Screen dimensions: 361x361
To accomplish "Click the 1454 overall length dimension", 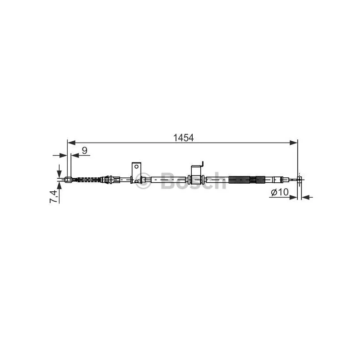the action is pyautogui.click(x=183, y=138).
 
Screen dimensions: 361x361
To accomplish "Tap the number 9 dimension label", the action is pyautogui.click(x=85, y=151).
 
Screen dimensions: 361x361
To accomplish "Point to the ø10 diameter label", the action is pyautogui.click(x=279, y=192).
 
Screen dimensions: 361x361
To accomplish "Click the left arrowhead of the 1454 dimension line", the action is pyautogui.click(x=71, y=143).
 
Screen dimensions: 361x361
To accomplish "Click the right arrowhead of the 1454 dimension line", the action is pyautogui.click(x=294, y=143).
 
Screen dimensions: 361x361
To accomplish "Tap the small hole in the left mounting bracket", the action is pyautogui.click(x=137, y=166).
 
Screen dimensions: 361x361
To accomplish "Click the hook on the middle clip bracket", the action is pyautogui.click(x=203, y=164).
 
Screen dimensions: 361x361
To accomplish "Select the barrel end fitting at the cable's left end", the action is pyautogui.click(x=69, y=179).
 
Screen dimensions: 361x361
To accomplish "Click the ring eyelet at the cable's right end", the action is pyautogui.click(x=299, y=179).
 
